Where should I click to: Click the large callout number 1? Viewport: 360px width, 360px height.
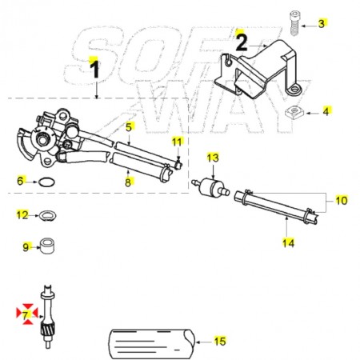[94, 70]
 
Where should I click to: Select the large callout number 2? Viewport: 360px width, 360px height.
[242, 42]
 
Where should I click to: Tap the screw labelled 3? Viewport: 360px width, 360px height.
[294, 23]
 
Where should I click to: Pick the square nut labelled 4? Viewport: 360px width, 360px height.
[294, 113]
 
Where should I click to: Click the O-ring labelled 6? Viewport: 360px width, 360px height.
[47, 182]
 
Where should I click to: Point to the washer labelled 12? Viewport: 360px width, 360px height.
[46, 215]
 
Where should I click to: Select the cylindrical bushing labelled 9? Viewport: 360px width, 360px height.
[47, 246]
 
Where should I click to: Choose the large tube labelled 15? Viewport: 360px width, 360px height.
[151, 344]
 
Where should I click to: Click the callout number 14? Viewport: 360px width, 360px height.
[288, 243]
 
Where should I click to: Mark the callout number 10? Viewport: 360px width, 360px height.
[342, 200]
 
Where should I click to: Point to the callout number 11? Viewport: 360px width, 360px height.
[177, 142]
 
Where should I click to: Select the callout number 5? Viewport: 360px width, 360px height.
[129, 127]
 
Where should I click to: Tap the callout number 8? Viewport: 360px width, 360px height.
[128, 182]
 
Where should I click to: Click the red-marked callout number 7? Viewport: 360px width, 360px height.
[26, 315]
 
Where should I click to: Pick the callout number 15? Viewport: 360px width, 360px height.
[220, 341]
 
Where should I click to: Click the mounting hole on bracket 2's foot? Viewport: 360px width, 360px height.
[294, 88]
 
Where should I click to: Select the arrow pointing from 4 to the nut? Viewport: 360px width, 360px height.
[313, 113]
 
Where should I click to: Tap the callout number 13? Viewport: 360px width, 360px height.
[213, 158]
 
